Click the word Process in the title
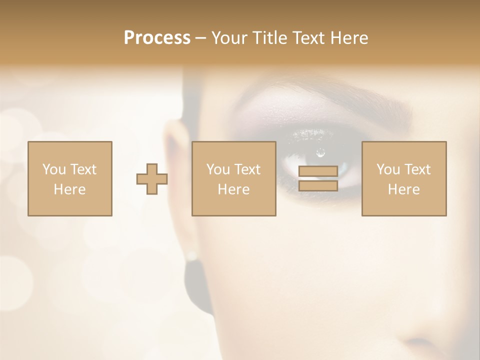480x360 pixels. (157, 38)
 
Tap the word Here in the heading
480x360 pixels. (349, 38)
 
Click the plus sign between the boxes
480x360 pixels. (152, 178)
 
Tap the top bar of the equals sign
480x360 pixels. (318, 171)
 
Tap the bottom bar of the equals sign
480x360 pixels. (318, 186)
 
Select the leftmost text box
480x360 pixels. (70, 178)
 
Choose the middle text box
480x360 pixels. (233, 178)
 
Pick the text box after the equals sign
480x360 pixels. (403, 178)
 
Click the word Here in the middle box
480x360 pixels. (233, 189)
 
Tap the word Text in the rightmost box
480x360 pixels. (417, 169)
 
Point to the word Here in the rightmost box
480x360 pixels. (403, 189)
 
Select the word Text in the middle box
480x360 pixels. (247, 169)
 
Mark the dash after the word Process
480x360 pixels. (200, 38)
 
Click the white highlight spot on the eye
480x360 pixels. (320, 151)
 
